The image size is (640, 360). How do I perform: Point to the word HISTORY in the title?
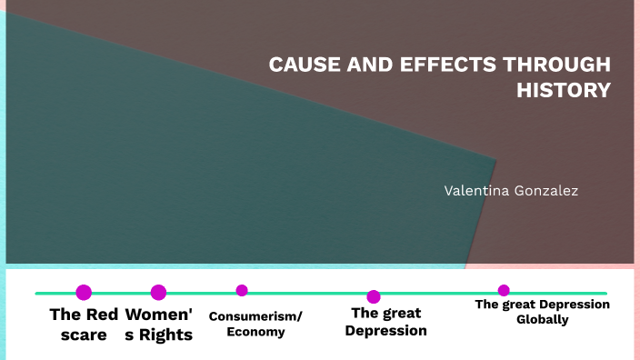pyautogui.click(x=564, y=90)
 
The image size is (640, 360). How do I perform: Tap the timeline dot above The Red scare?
pyautogui.click(x=84, y=293)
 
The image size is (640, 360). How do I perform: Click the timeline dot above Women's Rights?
pyautogui.click(x=158, y=293)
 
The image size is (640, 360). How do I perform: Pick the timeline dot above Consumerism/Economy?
pyautogui.click(x=242, y=291)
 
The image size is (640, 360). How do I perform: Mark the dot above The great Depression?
pyautogui.click(x=374, y=296)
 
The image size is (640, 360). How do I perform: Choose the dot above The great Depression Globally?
pyautogui.click(x=504, y=291)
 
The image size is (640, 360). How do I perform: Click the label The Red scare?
pyautogui.click(x=84, y=325)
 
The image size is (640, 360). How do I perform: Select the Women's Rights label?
pyautogui.click(x=159, y=325)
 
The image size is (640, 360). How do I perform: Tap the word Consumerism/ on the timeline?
pyautogui.click(x=255, y=316)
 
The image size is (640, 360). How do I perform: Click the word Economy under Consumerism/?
pyautogui.click(x=255, y=332)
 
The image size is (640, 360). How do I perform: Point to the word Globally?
pyautogui.click(x=543, y=319)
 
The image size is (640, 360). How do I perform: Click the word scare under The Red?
pyautogui.click(x=90, y=335)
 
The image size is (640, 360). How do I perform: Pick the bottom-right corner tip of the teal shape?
pyautogui.click(x=465, y=268)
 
